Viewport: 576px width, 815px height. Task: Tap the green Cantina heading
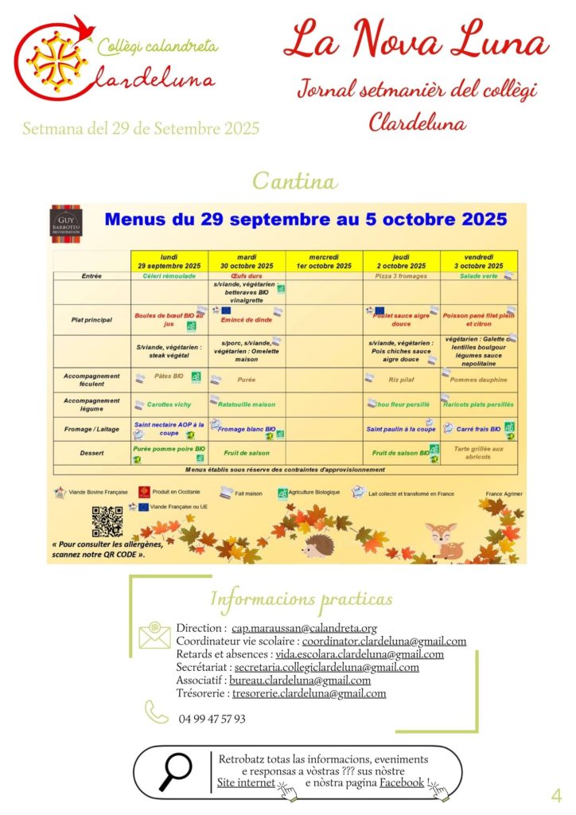point(294,181)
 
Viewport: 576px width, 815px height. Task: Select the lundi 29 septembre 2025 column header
point(169,261)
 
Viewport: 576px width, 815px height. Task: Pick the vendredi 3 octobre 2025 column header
point(479,261)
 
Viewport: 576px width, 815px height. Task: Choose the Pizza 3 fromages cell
point(401,276)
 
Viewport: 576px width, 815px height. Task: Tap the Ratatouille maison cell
point(248,404)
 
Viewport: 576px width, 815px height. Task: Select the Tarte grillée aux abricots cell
point(479,453)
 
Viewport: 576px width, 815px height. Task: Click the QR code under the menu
point(107,521)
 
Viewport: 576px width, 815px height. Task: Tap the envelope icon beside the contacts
point(154,634)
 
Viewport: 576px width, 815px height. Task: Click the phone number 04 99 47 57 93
point(212,719)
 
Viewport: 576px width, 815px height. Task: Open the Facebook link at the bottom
point(402,783)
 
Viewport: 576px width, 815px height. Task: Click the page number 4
point(556,794)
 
